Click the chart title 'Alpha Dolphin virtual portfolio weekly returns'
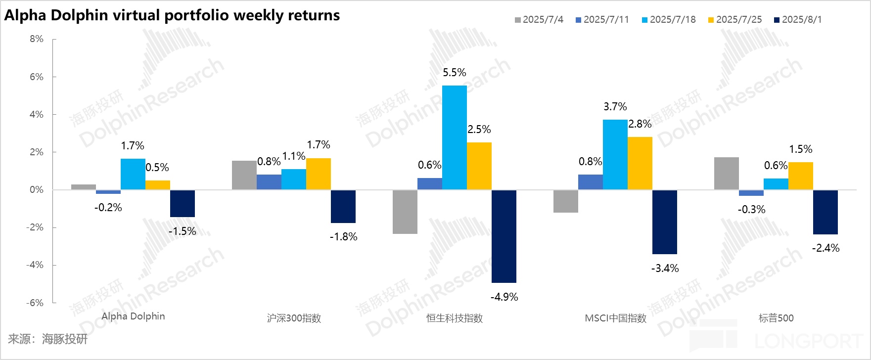(172, 15)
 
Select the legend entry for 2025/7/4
(539, 20)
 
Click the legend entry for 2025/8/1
(798, 20)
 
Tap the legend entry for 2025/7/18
(669, 20)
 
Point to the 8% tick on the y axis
(37, 39)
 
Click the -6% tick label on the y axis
(35, 303)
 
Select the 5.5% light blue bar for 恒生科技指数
(455, 137)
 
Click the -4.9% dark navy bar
(504, 236)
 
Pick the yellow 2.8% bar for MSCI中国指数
(640, 163)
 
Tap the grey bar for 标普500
(727, 173)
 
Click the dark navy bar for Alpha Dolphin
(183, 203)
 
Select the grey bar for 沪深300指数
(244, 175)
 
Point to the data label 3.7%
(615, 107)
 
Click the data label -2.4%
(825, 248)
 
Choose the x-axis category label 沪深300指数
(294, 318)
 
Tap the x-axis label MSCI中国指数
(615, 318)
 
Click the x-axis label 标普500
(776, 318)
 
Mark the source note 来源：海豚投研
(47, 339)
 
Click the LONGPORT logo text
(809, 341)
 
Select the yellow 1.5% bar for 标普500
(801, 176)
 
